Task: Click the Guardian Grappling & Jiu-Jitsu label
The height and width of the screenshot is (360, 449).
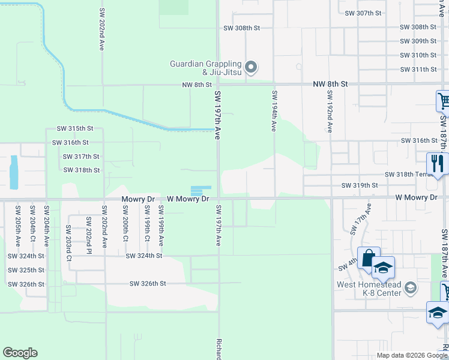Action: click(x=205, y=68)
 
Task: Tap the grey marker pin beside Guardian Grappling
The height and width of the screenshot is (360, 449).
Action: click(x=252, y=67)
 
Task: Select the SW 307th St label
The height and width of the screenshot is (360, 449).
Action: click(x=366, y=13)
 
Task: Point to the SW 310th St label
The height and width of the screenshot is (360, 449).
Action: click(x=418, y=55)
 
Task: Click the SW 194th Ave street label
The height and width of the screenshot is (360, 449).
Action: click(x=274, y=111)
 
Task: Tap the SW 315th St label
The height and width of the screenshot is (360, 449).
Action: click(x=75, y=128)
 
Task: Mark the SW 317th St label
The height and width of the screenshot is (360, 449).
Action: click(x=81, y=157)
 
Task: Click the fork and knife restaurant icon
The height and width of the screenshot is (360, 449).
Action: click(x=436, y=162)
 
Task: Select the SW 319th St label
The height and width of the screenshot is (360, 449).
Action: click(x=360, y=186)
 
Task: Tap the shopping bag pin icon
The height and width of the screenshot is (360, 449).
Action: click(x=366, y=256)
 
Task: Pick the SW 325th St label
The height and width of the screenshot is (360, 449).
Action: click(x=26, y=270)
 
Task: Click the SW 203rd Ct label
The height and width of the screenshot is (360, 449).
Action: click(x=69, y=242)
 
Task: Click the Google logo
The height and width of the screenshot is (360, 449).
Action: click(x=20, y=353)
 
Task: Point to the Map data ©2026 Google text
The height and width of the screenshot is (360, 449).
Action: click(x=411, y=355)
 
